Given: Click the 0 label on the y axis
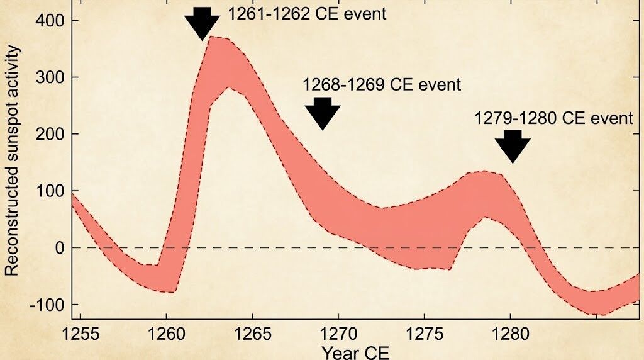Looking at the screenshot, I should click(x=58, y=247).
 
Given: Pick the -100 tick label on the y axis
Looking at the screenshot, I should click(x=45, y=305).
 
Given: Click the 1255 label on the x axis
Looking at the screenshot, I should click(x=81, y=333).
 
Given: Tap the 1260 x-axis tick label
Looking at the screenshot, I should click(x=167, y=333).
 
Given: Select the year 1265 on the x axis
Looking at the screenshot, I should click(x=252, y=333).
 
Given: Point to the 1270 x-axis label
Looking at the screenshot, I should click(x=338, y=333).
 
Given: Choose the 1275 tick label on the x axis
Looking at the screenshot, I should click(x=425, y=333).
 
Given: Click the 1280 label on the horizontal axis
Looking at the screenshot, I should click(x=510, y=333).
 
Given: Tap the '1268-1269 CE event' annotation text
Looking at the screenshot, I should click(x=382, y=84).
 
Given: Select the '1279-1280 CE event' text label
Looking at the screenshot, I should click(x=553, y=118).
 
